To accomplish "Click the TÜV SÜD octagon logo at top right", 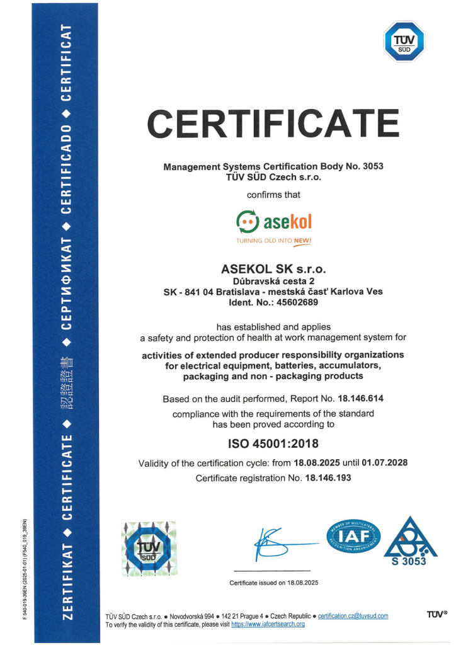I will click(404, 42).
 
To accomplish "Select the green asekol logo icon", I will click(247, 222).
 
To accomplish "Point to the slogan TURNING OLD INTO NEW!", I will click(273, 241).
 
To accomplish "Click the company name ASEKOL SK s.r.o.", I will click(273, 269).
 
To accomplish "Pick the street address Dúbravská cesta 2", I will click(273, 281).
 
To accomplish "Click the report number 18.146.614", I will click(360, 399).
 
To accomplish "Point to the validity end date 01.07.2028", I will click(385, 463).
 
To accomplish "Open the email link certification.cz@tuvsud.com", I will click(353, 615).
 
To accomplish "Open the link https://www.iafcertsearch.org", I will click(268, 624).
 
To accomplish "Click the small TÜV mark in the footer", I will click(436, 614).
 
